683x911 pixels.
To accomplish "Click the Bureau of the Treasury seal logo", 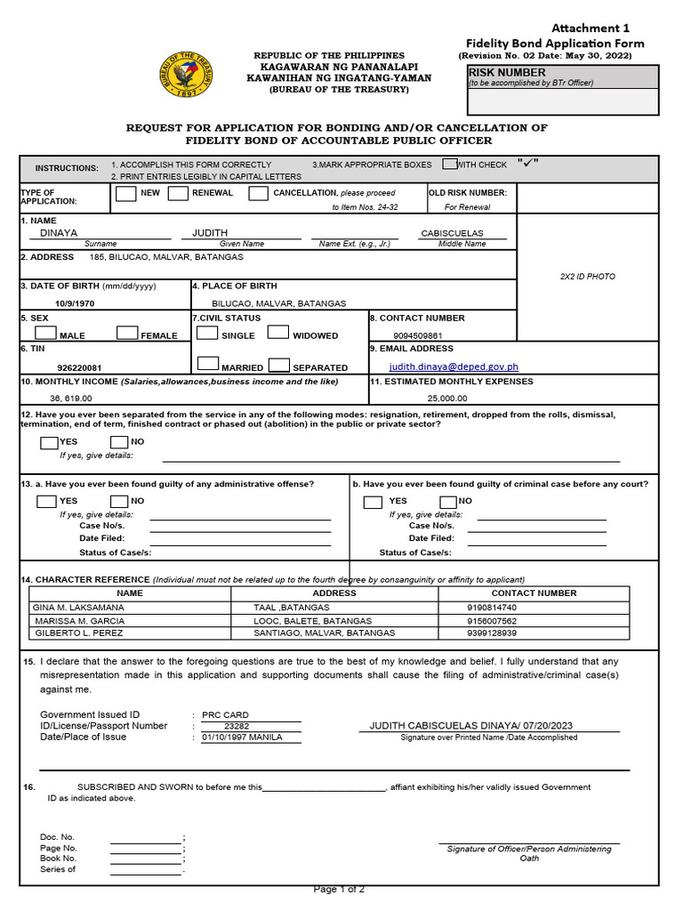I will coord(186,74).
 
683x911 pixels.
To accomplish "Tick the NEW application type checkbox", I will coord(126,194).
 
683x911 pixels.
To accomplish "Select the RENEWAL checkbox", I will coord(178,194).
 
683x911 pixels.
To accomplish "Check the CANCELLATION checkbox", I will coord(258,194).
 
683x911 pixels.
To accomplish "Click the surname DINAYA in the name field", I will coord(60,233).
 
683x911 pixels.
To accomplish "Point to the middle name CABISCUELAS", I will coord(452,233).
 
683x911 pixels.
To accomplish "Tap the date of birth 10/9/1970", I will coord(74,303).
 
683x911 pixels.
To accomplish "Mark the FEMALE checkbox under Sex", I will coord(127,334).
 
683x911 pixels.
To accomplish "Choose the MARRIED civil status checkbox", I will coord(207,364).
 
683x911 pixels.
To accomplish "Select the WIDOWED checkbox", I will coord(278,333).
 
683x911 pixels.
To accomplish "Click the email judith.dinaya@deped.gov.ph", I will coord(454,367).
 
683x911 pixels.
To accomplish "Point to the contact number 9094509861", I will coord(418,336).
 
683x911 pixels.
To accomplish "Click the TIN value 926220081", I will coord(79,367).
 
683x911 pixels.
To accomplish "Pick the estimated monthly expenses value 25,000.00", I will coord(447,399).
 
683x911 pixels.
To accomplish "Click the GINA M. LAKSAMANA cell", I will coord(78,607).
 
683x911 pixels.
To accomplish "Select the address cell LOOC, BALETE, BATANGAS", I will coord(300,620).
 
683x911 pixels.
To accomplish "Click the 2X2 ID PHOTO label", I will coord(587,277).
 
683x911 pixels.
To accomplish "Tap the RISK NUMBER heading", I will coord(507,72).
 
